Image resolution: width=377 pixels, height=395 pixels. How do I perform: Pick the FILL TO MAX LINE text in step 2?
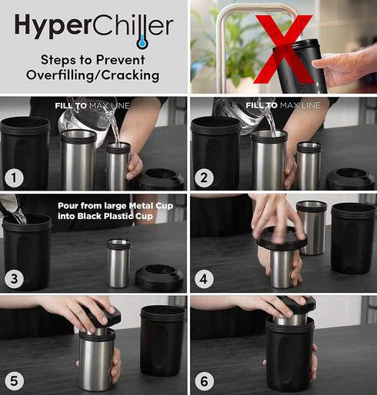click(x=282, y=104)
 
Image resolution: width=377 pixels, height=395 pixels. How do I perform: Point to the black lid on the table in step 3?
click(x=159, y=277)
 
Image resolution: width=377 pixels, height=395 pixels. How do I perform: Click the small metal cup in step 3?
click(x=118, y=263)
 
